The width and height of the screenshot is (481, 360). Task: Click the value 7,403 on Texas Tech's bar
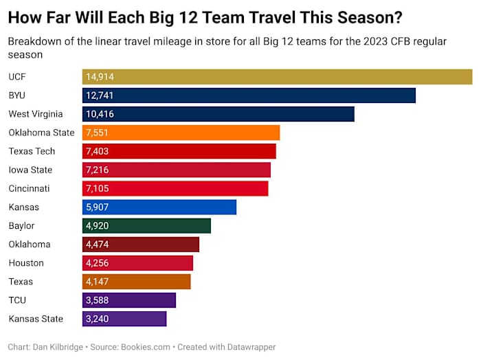pyautogui.click(x=97, y=151)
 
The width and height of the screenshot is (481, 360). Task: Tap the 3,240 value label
pyautogui.click(x=97, y=319)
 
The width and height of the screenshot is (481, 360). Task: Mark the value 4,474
pyautogui.click(x=97, y=244)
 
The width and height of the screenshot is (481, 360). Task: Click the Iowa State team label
pyautogui.click(x=30, y=170)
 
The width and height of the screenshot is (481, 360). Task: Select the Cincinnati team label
pyautogui.click(x=29, y=188)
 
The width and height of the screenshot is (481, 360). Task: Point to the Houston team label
pyautogui.click(x=26, y=262)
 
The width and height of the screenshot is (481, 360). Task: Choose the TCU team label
pyautogui.click(x=17, y=300)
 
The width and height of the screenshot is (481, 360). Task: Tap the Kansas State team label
pyautogui.click(x=36, y=319)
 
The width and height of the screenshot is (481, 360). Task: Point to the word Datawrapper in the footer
pyautogui.click(x=251, y=348)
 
